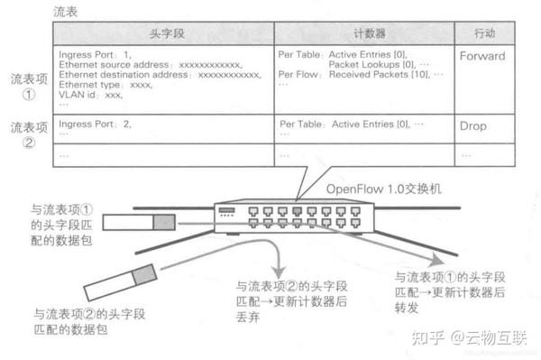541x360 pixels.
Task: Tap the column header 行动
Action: pyautogui.click(x=483, y=32)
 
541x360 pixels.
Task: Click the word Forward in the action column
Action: pyautogui.click(x=482, y=56)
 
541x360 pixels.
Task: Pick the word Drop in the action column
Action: pyautogui.click(x=472, y=125)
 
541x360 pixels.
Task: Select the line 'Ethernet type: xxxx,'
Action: pyautogui.click(x=105, y=85)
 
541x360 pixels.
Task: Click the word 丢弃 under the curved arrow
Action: pyautogui.click(x=248, y=312)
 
